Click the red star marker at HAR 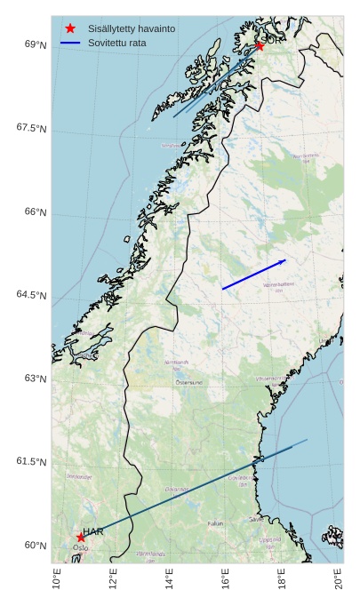[x=81, y=538]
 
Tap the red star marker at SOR [x=260, y=45]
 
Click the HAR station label [x=93, y=531]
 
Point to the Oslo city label [x=81, y=548]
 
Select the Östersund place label [x=188, y=382]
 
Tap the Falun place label [x=215, y=523]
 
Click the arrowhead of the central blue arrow [x=283, y=261]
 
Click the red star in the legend [x=70, y=28]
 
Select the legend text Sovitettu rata [x=117, y=43]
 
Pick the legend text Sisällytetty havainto [x=132, y=28]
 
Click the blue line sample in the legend [x=70, y=43]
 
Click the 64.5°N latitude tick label [x=32, y=295]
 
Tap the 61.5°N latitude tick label [x=32, y=462]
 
